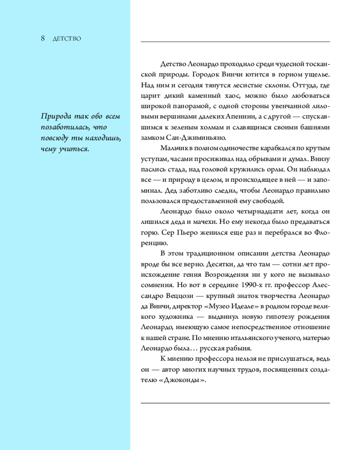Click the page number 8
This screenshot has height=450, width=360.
43,38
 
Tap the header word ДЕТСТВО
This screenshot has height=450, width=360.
67,39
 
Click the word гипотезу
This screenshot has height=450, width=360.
261,316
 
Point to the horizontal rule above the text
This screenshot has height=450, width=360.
235,42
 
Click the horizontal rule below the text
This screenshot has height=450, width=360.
235,403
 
